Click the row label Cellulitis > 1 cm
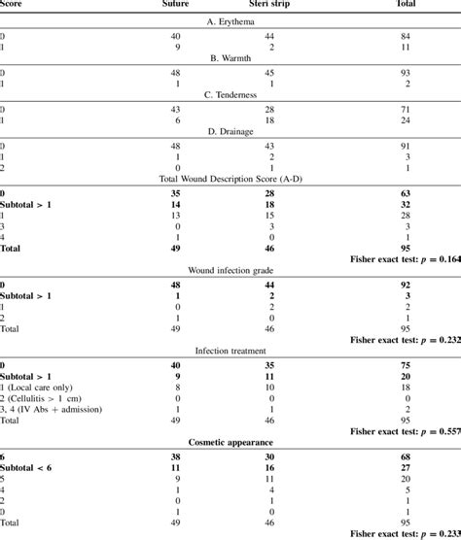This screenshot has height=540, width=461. coord(53,398)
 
